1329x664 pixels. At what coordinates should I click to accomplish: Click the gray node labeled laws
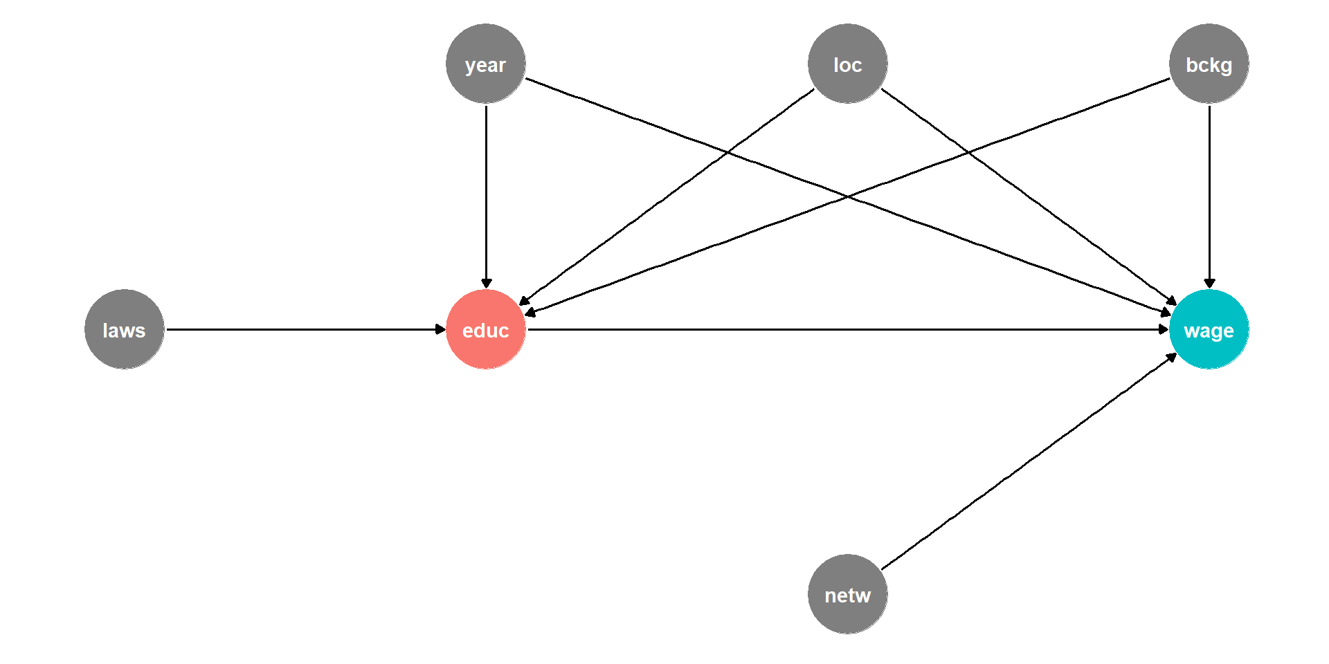click(x=125, y=329)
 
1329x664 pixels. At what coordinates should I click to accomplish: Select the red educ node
click(x=486, y=329)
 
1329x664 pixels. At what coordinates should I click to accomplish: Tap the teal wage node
click(x=1209, y=329)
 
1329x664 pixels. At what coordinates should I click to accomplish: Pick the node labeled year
click(x=486, y=64)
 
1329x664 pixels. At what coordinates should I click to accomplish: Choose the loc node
click(x=848, y=64)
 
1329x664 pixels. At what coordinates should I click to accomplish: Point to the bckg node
click(x=1209, y=64)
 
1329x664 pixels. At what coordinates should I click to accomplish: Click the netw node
click(x=848, y=594)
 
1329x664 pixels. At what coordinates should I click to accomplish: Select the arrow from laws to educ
click(x=306, y=329)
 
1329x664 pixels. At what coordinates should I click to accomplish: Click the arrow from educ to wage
click(x=848, y=329)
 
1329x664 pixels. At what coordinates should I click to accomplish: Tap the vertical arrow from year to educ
click(x=486, y=196)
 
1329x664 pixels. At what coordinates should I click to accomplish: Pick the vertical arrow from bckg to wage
click(x=1209, y=196)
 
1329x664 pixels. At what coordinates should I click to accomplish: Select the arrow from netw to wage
click(x=1029, y=461)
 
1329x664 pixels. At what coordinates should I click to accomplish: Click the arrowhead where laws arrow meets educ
click(x=441, y=329)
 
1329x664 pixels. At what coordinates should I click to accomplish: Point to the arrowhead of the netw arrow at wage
click(x=1172, y=357)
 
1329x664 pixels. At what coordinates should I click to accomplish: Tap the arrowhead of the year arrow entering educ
click(x=486, y=284)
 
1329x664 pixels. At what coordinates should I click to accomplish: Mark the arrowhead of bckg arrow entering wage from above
click(x=1209, y=284)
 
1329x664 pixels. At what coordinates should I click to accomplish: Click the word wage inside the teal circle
click(x=1209, y=331)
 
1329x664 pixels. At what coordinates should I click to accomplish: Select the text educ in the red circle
click(x=486, y=331)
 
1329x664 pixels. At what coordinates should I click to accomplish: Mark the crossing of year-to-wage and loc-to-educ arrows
click(x=727, y=152)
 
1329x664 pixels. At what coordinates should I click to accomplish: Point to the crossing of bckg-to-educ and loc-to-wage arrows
click(x=969, y=152)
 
